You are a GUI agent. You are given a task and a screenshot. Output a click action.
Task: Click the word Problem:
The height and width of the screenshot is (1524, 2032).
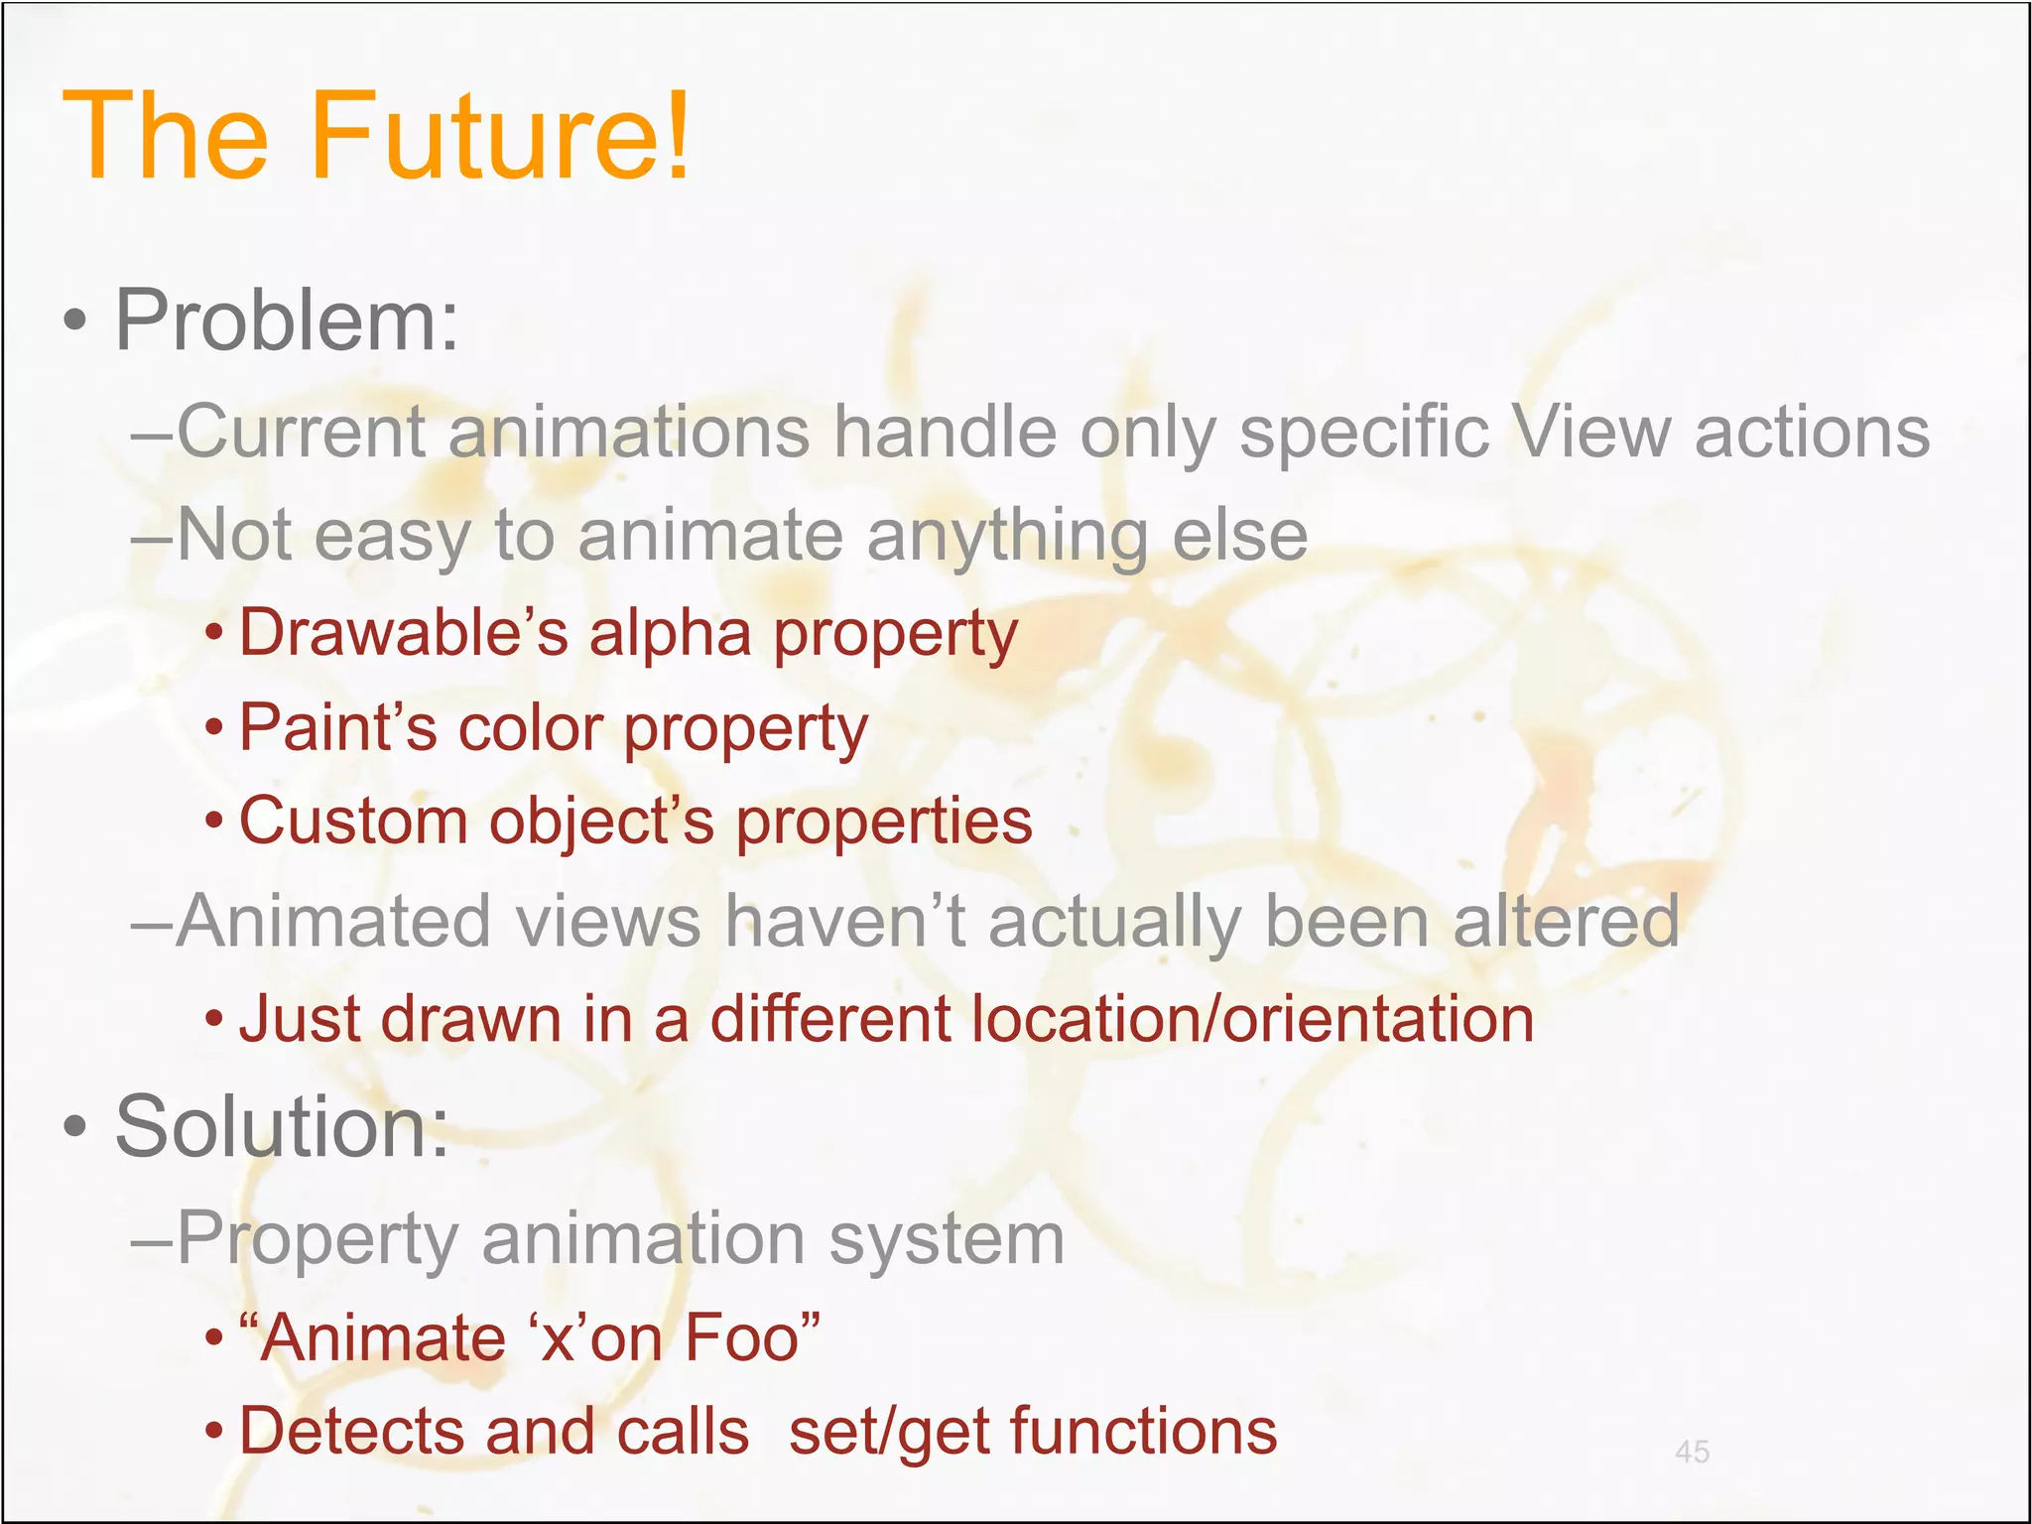(x=287, y=320)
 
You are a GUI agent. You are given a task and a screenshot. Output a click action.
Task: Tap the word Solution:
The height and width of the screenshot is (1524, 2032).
(x=282, y=1127)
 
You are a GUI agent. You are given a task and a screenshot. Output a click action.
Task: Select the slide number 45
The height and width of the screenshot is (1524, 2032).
(x=1692, y=1452)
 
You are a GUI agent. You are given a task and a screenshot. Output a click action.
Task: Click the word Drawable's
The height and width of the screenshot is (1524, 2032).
(x=403, y=632)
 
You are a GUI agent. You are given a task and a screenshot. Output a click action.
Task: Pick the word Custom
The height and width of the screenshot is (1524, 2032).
(x=353, y=822)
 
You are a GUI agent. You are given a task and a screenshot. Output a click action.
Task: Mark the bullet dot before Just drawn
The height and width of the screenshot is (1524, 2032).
(x=214, y=1019)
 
